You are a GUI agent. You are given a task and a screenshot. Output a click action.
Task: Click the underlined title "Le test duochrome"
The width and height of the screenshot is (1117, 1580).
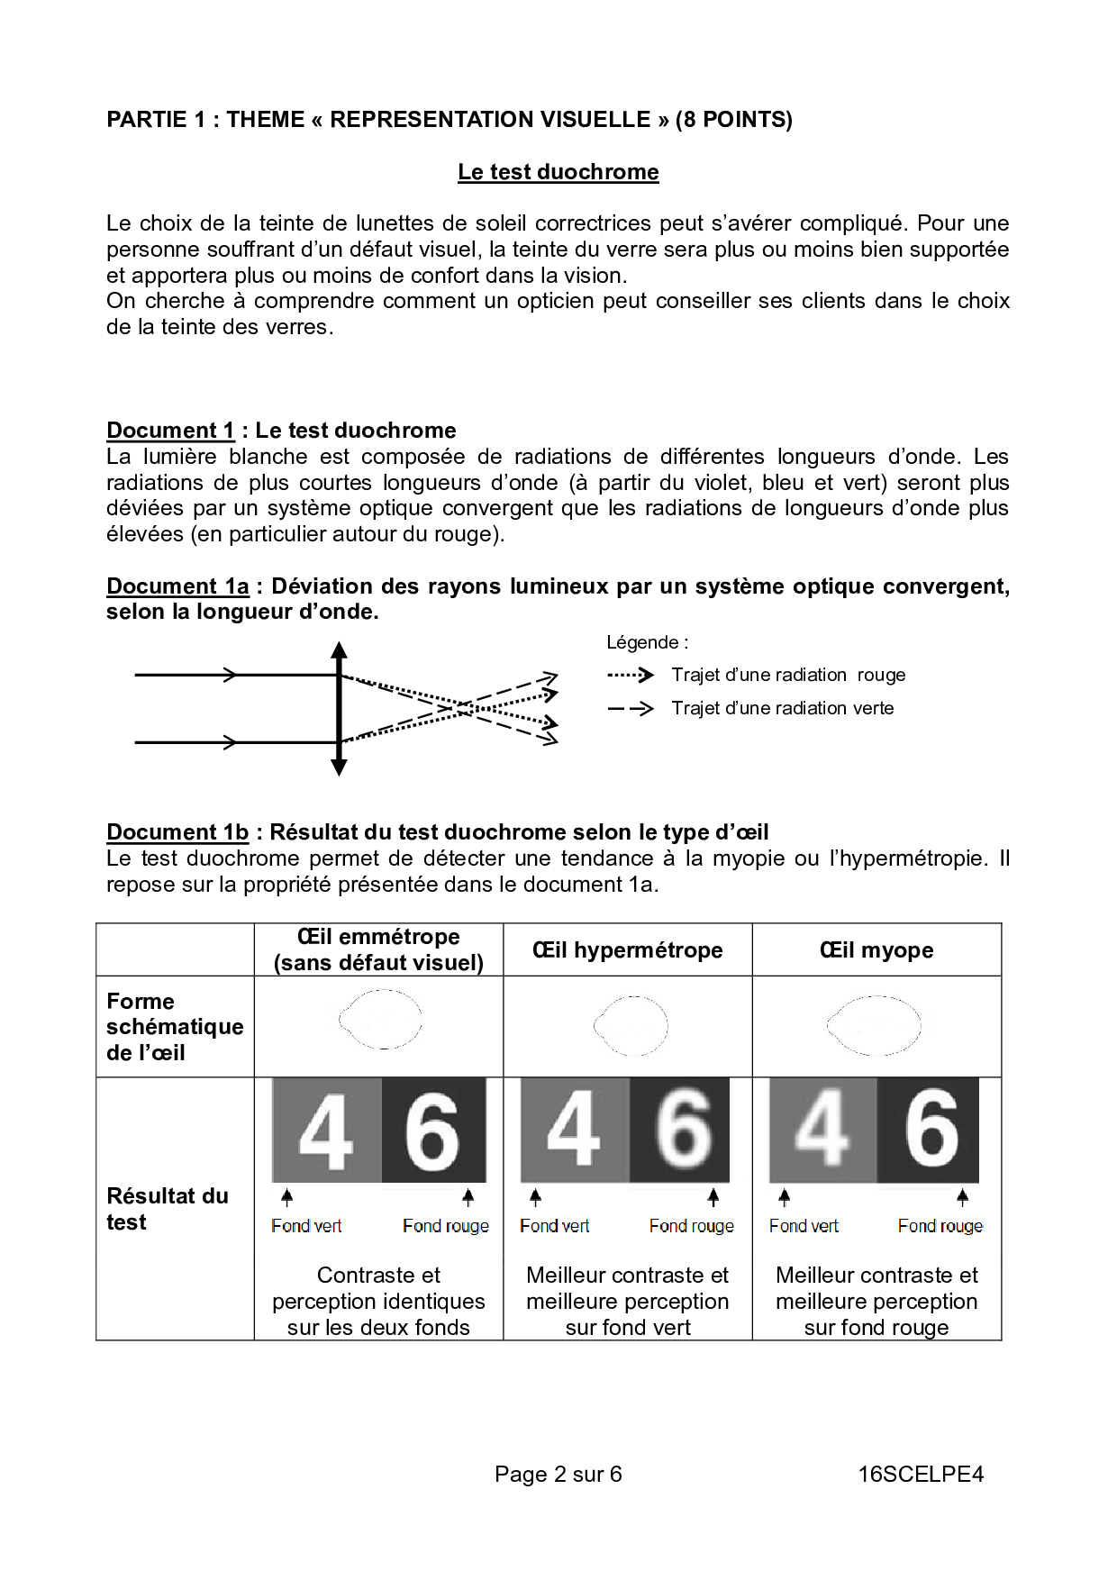[x=558, y=172]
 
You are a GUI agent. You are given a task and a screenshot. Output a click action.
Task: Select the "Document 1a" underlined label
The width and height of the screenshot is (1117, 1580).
[x=177, y=586]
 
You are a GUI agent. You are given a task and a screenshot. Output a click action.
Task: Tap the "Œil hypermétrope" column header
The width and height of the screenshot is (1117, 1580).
[x=627, y=950]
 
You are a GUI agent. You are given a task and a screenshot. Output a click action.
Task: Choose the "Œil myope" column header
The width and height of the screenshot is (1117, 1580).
[x=876, y=950]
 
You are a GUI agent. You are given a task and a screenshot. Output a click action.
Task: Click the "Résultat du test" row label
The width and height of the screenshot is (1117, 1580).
[x=168, y=1209]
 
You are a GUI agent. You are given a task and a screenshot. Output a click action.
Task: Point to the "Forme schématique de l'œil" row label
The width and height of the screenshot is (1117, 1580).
[x=175, y=1027]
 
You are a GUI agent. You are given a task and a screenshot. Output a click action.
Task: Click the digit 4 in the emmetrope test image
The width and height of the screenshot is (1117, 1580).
[x=325, y=1131]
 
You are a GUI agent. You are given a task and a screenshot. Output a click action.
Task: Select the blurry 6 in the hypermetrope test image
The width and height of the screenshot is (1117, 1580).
[x=682, y=1129]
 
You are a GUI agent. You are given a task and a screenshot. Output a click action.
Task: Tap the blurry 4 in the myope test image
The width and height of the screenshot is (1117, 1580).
[x=822, y=1129]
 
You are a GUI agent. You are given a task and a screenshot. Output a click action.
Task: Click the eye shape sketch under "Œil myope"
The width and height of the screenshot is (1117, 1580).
[x=874, y=1025]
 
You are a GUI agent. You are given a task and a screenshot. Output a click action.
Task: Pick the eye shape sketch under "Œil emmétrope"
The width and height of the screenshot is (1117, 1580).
[x=380, y=1020]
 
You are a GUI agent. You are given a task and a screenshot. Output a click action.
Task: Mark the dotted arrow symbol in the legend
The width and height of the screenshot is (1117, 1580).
[x=631, y=675]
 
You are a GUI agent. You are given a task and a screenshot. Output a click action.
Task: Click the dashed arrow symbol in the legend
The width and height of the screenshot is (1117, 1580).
[x=631, y=709]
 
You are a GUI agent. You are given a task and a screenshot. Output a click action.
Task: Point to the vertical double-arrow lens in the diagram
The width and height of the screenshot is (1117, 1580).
[x=339, y=709]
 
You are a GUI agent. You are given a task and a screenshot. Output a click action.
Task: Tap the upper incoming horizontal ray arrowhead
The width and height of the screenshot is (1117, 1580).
[x=231, y=675]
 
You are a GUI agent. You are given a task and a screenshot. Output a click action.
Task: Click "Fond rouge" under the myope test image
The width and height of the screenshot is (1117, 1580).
[x=940, y=1226]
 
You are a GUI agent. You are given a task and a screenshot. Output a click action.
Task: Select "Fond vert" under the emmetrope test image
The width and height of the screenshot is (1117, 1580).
[x=306, y=1226]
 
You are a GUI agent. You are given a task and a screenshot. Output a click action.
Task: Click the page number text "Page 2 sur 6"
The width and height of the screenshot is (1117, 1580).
[x=558, y=1475]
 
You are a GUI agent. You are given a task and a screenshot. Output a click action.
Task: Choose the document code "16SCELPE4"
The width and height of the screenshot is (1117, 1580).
[x=921, y=1475]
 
